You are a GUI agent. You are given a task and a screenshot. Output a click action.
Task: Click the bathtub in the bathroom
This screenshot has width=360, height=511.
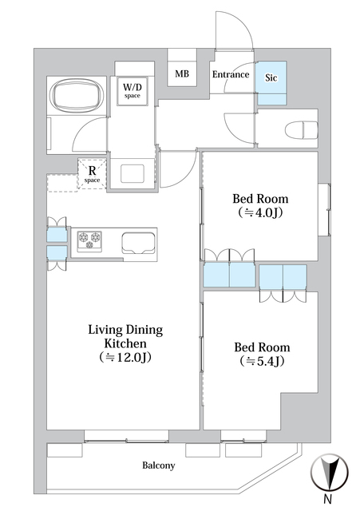pos(77,94)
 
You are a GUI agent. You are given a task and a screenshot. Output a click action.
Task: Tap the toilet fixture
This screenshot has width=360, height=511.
pos(302,129)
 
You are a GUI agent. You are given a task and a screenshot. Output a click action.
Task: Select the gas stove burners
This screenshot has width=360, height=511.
pos(89,240)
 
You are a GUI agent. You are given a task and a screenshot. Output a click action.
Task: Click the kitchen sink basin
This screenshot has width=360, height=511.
pos(138,243)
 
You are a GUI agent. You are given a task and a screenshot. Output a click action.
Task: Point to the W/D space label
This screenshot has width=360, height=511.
pos(133,90)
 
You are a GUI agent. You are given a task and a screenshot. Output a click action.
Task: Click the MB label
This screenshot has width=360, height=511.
pos(182,74)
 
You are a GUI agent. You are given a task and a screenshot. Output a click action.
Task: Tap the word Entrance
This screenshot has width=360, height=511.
pos(231,74)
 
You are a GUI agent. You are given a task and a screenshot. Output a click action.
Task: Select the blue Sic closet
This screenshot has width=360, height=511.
pos(272,83)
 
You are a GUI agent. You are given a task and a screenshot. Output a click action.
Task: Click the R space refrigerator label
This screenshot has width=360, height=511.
pos(93,174)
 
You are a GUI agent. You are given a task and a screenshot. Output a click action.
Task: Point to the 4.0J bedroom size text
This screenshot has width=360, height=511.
pos(260,213)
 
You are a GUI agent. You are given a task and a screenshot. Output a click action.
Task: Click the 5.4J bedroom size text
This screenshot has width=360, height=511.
pos(262,361)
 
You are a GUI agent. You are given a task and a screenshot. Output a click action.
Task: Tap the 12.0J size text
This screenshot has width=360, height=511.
pos(125,358)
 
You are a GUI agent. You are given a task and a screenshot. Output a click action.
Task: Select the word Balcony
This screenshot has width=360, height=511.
pos(158,465)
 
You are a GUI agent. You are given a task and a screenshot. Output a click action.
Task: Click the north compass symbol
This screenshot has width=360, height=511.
pos(329,472)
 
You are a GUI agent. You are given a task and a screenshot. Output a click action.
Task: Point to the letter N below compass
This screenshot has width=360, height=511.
pos(328,498)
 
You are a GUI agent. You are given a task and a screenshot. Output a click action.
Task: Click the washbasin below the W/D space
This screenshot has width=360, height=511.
pos(133,173)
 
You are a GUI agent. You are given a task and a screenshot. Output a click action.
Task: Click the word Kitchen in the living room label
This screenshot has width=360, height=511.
pos(125,343)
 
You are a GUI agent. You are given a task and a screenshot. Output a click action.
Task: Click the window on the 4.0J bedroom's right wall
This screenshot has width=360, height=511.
pos(325,209)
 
